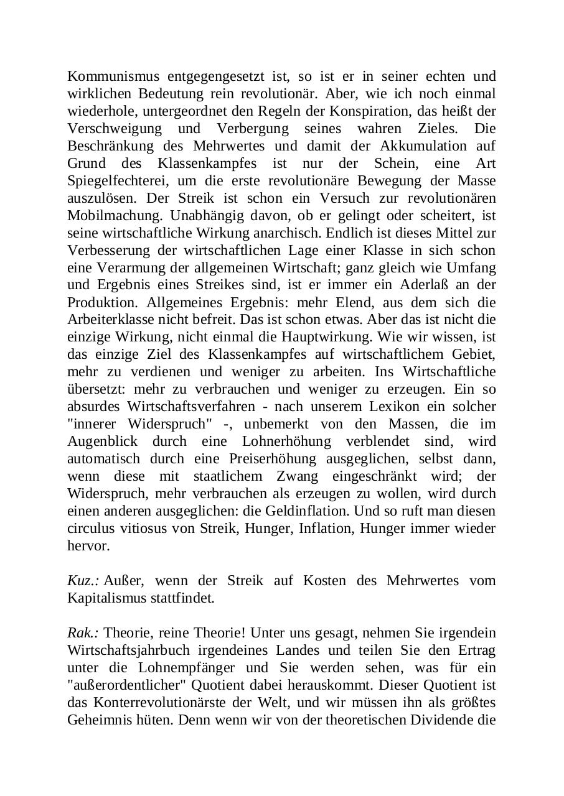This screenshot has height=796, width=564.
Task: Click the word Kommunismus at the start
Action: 108,76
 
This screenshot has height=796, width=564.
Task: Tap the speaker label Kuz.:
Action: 83,581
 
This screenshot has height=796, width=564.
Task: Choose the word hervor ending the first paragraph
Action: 88,546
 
